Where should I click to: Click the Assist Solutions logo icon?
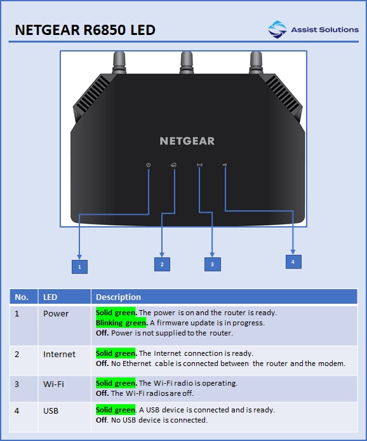click(277, 29)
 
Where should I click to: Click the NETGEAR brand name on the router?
click(187, 141)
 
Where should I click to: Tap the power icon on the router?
click(149, 165)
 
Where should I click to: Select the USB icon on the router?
click(225, 165)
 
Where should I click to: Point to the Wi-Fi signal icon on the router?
click(199, 165)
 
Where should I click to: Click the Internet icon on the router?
click(174, 165)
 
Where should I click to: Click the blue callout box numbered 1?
click(79, 267)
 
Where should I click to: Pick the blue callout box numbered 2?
click(162, 264)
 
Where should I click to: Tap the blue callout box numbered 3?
click(213, 264)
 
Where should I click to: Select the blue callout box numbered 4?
click(293, 262)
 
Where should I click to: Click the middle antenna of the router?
click(187, 62)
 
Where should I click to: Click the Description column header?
click(118, 297)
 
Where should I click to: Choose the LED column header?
click(50, 297)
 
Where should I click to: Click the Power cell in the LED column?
click(56, 314)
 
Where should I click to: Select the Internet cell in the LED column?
click(59, 354)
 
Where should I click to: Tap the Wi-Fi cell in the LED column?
click(53, 384)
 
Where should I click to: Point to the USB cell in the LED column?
click(51, 411)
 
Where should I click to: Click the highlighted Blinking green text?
click(121, 323)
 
